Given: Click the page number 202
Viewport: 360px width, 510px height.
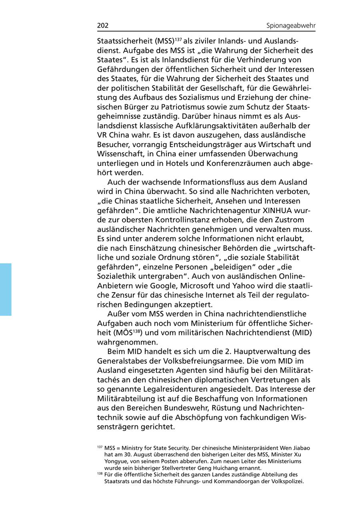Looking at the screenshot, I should click(103, 26).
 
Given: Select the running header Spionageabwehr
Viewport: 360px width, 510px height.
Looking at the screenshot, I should click(291, 26).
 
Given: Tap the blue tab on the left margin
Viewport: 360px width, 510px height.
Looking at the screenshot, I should click(6, 289).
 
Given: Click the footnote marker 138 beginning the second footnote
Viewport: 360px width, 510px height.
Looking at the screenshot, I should click(100, 474).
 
